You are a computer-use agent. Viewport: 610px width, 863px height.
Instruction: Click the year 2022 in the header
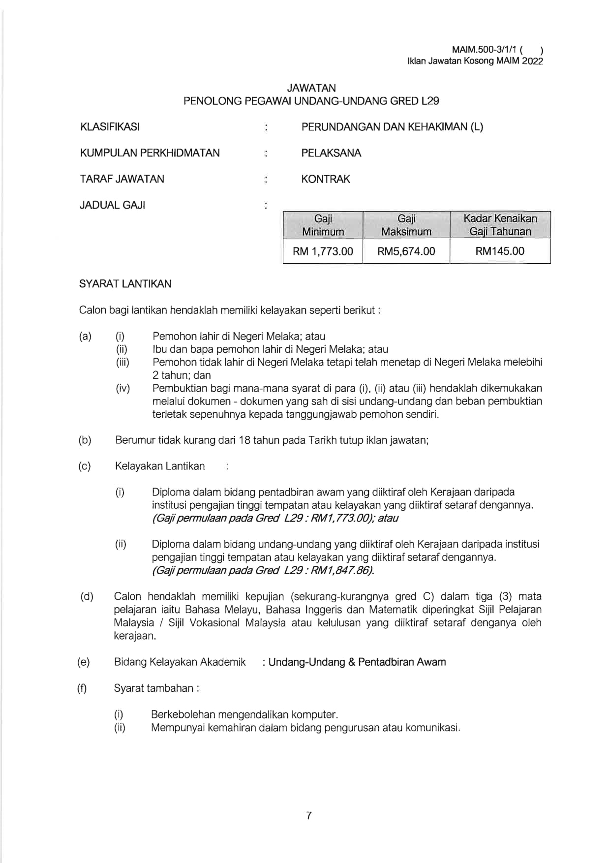point(533,62)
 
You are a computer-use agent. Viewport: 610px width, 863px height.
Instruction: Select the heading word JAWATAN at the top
point(311,88)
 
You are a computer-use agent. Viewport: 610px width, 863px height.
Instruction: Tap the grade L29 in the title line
point(430,101)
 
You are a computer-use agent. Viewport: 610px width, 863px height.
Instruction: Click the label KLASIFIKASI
point(110,127)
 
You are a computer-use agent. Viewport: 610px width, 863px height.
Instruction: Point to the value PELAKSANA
point(331,153)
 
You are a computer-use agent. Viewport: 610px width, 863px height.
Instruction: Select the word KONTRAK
point(326,179)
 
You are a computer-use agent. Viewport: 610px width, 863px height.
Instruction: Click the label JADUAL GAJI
point(112,205)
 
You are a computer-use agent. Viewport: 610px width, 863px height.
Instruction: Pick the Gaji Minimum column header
point(323,225)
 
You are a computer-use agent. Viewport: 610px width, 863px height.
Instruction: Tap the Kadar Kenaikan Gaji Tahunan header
point(500,225)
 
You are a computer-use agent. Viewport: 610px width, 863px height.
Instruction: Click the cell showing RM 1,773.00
point(323,251)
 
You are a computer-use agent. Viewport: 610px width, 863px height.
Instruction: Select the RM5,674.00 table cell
point(406,251)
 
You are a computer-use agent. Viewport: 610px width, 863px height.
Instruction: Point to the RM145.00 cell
point(500,251)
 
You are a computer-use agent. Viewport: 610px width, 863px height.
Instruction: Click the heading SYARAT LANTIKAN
point(125,284)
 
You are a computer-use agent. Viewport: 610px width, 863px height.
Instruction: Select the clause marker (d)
point(87,597)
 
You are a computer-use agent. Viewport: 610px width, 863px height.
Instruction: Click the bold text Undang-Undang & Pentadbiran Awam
point(357,662)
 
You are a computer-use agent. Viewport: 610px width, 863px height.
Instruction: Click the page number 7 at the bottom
point(308,816)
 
